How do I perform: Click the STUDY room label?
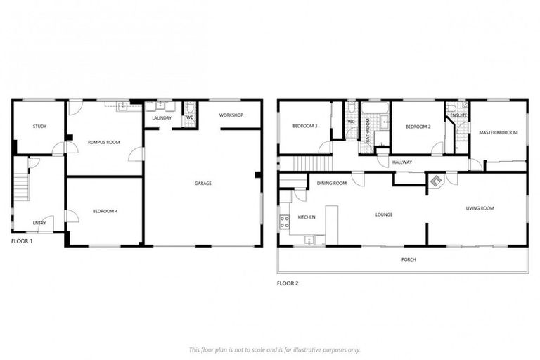tap(39, 127)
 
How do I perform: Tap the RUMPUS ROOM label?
tap(103, 143)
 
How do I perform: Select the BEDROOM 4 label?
tap(105, 211)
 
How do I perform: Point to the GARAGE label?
tap(203, 184)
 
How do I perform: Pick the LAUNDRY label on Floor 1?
tap(162, 118)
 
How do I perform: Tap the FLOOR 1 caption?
tap(22, 240)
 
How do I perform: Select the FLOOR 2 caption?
tap(288, 283)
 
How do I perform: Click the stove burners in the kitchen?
tap(284, 223)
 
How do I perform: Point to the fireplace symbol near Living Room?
tap(436, 181)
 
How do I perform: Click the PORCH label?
tap(409, 259)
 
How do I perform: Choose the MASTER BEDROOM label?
tap(498, 132)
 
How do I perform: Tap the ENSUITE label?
tap(459, 115)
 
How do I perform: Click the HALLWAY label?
tap(402, 162)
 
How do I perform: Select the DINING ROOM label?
tap(332, 184)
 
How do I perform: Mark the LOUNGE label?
tap(383, 214)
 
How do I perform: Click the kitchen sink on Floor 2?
tap(310, 240)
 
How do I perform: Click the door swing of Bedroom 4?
tap(71, 216)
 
